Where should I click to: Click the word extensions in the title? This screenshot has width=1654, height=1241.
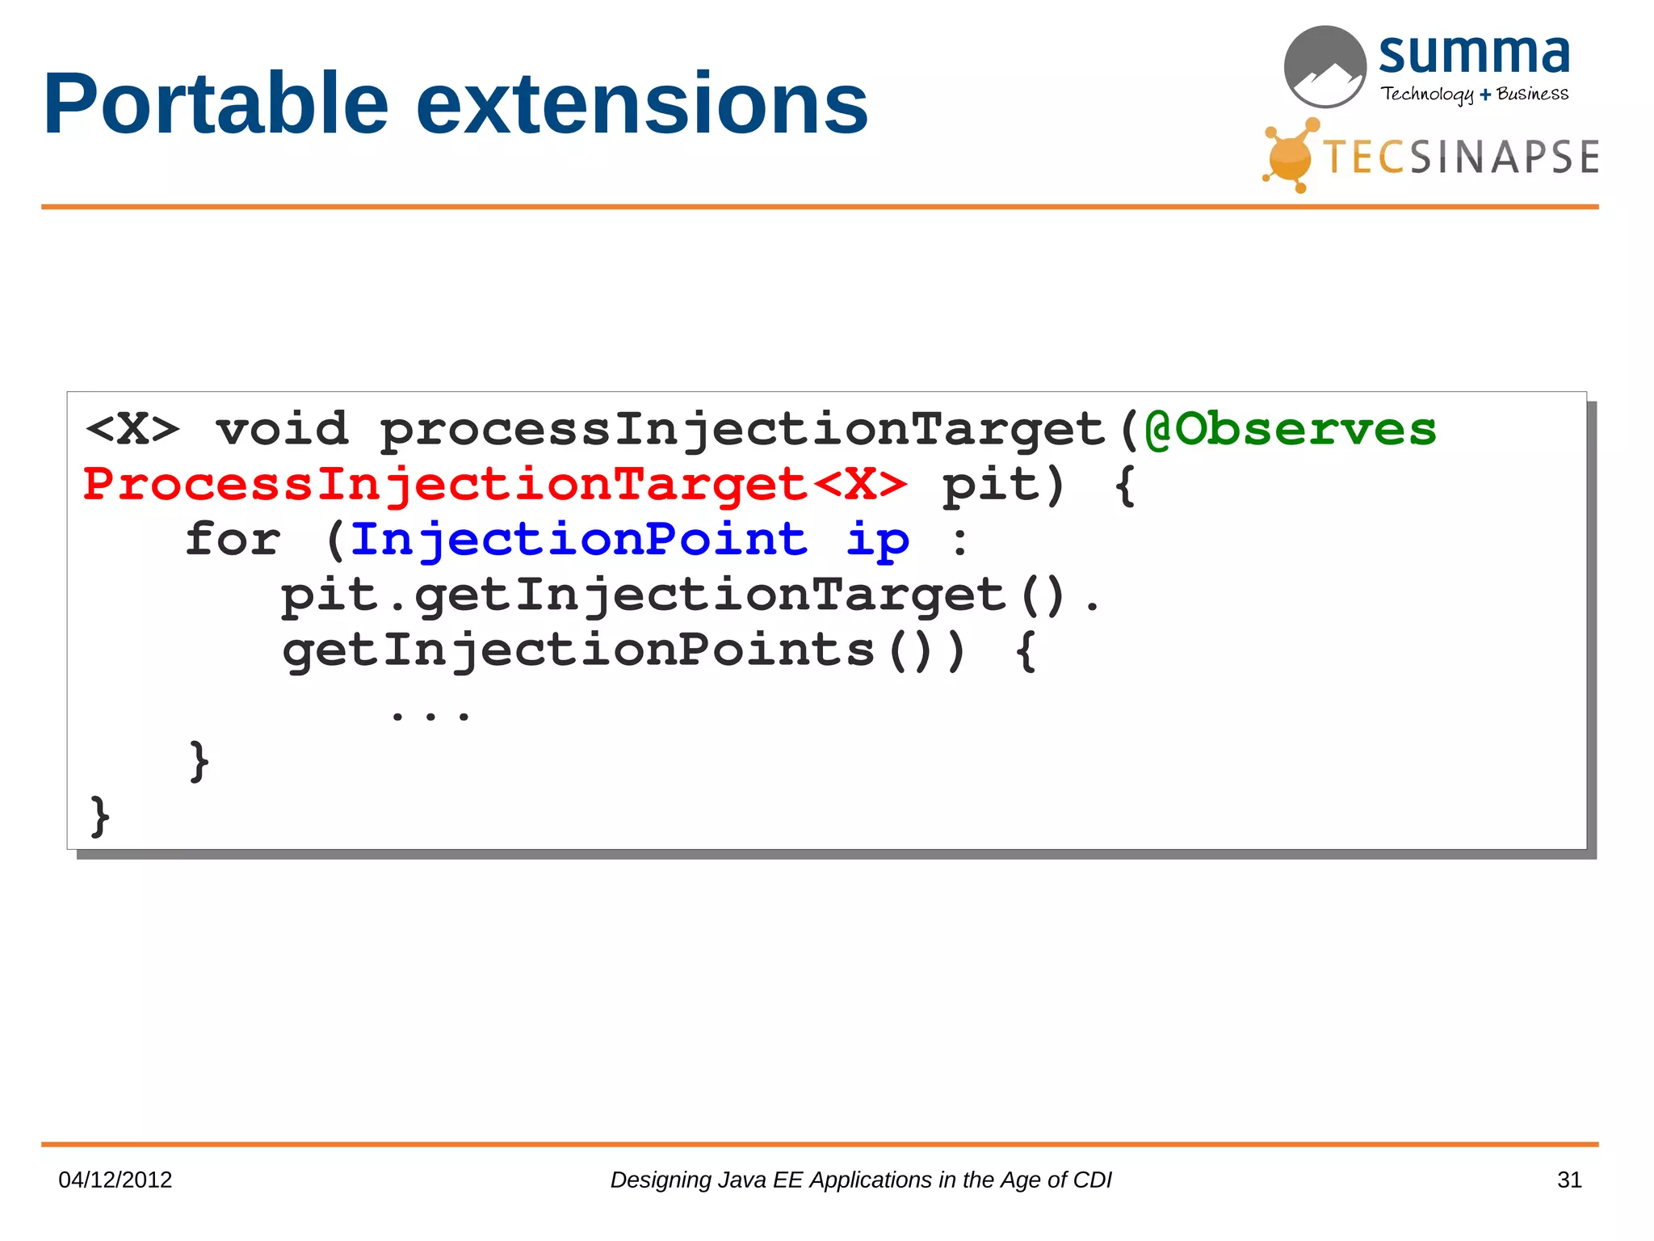[x=642, y=105]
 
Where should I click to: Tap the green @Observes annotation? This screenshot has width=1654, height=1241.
[x=1291, y=429]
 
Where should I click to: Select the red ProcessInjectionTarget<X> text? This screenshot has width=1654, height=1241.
[x=495, y=485]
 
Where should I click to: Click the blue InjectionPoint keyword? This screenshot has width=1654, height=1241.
[x=578, y=539]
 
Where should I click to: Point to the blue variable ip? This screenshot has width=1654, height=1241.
[x=877, y=541]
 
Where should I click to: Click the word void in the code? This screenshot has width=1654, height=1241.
[x=282, y=429]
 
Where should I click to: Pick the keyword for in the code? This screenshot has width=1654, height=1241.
[x=233, y=539]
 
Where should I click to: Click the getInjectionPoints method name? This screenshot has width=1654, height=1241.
[x=578, y=650]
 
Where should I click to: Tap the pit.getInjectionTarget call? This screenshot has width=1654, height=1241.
[x=643, y=595]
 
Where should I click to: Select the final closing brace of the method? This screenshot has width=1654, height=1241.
[x=99, y=817]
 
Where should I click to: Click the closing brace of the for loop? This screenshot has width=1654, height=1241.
[x=199, y=761]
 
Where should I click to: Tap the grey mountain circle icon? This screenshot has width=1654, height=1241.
[x=1324, y=67]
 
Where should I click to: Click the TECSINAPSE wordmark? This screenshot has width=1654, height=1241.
[x=1460, y=158]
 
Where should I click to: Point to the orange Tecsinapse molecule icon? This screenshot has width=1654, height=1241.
[x=1291, y=156]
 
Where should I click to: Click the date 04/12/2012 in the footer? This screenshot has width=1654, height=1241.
[x=115, y=1180]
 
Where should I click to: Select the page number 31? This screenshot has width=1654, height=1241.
[x=1568, y=1180]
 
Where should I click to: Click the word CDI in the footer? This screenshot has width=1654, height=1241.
[x=1092, y=1180]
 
